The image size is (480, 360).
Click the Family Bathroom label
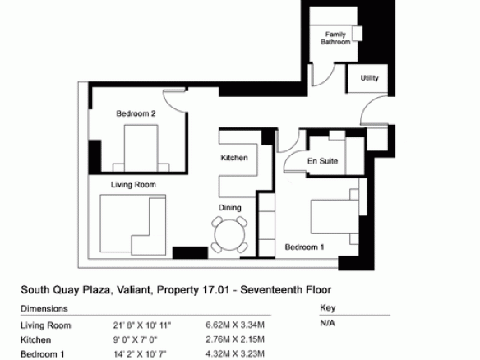(335, 38)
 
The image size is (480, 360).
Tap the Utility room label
(370, 78)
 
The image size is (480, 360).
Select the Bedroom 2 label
(136, 113)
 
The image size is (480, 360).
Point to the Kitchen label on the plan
(234, 158)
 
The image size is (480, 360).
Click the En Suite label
(323, 161)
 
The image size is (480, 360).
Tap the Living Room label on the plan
(133, 185)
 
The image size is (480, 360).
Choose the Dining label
(229, 208)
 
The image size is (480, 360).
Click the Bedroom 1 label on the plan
(304, 247)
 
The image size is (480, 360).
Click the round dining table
(229, 235)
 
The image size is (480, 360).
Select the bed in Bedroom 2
(141, 148)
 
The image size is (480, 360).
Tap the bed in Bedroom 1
(335, 217)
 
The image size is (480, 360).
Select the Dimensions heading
(44, 308)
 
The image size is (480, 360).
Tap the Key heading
(328, 307)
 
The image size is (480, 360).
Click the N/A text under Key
(328, 323)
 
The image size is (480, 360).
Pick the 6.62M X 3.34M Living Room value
(235, 325)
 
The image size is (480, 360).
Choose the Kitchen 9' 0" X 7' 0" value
(135, 339)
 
